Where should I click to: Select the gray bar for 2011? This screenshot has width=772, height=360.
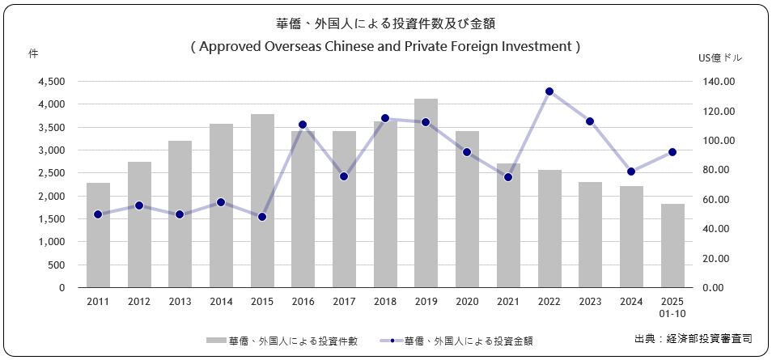[98, 235]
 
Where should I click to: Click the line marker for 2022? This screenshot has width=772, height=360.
[549, 91]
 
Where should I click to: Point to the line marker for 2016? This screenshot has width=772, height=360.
[303, 125]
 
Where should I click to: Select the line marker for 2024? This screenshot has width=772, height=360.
[631, 172]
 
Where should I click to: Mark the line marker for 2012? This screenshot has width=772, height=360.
[139, 205]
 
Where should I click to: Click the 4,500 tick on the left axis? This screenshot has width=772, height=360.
[52, 82]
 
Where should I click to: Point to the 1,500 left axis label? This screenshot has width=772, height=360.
[52, 219]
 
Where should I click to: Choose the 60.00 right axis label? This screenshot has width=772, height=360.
[719, 200]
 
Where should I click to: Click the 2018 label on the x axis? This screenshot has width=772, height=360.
[385, 301]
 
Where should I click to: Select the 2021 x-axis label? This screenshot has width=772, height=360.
[508, 301]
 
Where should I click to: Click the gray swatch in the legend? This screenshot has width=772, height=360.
[216, 341]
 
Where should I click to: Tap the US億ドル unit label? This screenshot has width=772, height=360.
[719, 58]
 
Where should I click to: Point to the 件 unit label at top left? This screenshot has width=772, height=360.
[34, 53]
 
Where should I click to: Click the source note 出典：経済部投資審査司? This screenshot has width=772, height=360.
[694, 338]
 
